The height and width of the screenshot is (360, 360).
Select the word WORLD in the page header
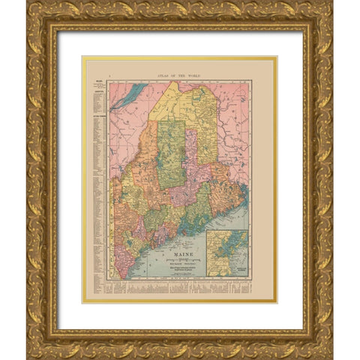[x=196, y=76]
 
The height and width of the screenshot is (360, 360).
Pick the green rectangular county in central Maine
[x=173, y=154]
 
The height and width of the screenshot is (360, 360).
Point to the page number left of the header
[x=110, y=76]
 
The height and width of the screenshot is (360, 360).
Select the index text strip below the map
[x=180, y=288]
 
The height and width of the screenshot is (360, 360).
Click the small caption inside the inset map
[x=238, y=268]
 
